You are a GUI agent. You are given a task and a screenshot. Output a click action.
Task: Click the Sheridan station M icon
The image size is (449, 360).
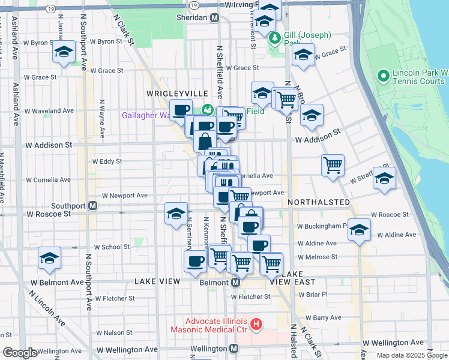(x=214, y=18)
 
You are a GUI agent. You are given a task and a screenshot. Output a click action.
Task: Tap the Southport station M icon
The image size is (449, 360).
(x=93, y=205)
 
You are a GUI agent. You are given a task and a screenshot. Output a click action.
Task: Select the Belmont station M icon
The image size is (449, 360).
(x=236, y=282)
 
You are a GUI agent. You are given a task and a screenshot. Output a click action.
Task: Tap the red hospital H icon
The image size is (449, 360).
(x=256, y=325)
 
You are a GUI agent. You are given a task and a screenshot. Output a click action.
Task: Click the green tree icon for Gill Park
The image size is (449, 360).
(x=276, y=39)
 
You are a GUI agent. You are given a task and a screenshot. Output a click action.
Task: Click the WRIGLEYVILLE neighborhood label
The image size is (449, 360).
(x=178, y=94)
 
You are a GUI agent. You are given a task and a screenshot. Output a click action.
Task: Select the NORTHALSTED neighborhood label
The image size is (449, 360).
(x=319, y=202)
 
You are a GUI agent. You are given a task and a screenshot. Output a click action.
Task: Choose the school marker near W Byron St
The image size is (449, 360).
(x=64, y=52)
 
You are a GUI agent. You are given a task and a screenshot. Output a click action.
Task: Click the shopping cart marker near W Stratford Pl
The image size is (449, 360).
(x=333, y=164)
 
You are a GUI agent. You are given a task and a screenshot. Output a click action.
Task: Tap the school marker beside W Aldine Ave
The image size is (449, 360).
(x=360, y=230)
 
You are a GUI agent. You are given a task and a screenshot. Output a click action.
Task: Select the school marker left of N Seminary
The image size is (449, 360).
(x=176, y=214)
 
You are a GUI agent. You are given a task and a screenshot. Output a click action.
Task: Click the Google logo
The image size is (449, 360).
(x=20, y=353)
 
